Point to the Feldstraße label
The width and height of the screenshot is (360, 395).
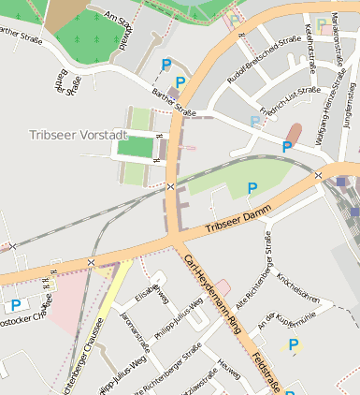(269, 371)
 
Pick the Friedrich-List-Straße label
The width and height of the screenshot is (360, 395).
(291, 102)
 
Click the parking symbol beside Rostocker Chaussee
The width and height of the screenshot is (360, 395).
(16, 305)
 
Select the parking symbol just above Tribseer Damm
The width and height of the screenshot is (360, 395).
(252, 188)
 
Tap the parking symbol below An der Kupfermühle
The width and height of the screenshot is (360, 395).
(293, 344)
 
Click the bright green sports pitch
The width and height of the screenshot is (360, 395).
(135, 147)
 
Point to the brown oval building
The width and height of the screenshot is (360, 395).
(294, 134)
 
